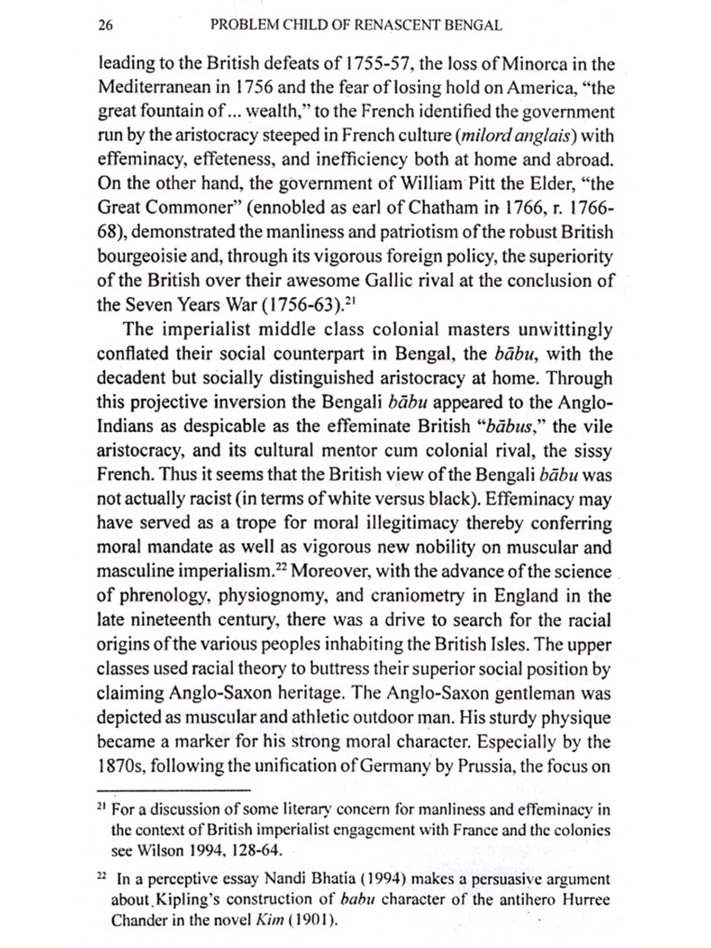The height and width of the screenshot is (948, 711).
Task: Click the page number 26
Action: [105, 25]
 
